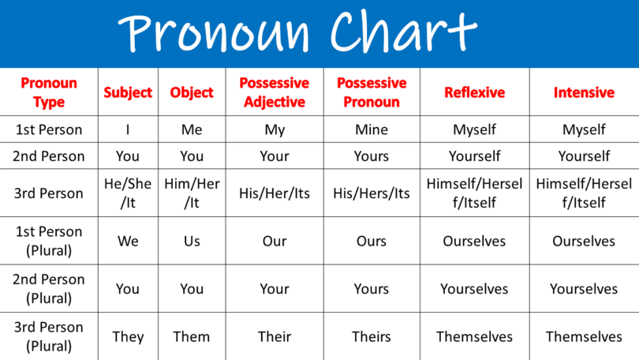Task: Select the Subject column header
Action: click(x=128, y=92)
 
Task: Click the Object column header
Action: click(x=192, y=92)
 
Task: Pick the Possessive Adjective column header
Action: click(x=275, y=92)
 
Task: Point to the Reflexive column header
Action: click(x=474, y=92)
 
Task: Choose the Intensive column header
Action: click(x=584, y=92)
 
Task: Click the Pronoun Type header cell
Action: click(x=49, y=92)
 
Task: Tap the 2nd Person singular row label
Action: click(x=49, y=156)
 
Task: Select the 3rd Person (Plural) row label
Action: click(x=49, y=336)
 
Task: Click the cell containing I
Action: click(x=128, y=129)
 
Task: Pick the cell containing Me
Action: click(x=192, y=129)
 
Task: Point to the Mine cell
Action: click(x=372, y=129)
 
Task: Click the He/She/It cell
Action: click(x=128, y=193)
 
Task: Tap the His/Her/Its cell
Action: click(x=275, y=193)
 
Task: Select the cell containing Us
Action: click(x=192, y=241)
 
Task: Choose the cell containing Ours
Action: click(x=372, y=241)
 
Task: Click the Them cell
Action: click(x=192, y=337)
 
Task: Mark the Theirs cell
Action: click(x=372, y=337)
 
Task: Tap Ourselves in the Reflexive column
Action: click(x=474, y=241)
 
